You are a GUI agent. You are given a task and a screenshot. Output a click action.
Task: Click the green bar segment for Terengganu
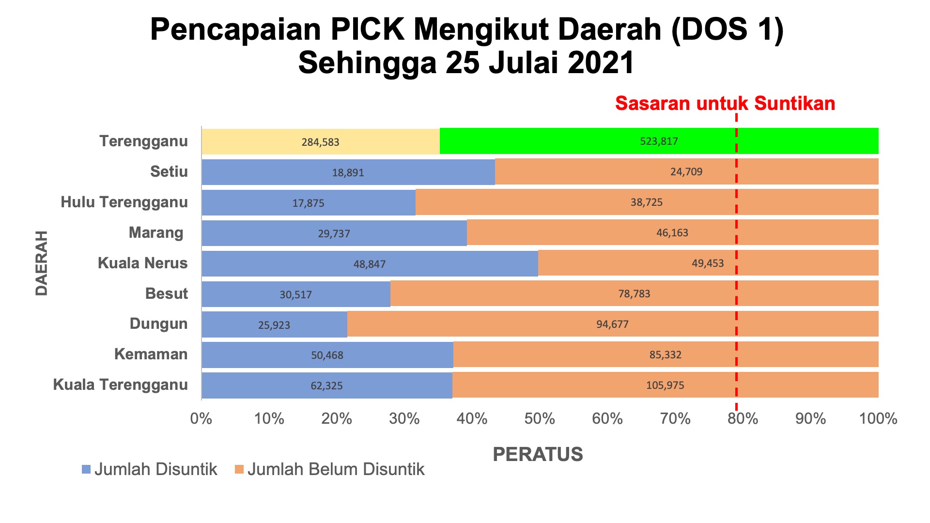659,141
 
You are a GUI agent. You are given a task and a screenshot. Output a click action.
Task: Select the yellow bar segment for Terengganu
321,141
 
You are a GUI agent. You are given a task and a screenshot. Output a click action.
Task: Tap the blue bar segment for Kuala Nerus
370,263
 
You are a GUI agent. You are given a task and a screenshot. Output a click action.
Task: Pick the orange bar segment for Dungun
613,324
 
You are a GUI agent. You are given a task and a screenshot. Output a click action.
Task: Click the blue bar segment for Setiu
348,172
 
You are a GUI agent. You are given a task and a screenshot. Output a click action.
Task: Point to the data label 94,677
612,324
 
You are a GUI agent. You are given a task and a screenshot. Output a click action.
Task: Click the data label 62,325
326,385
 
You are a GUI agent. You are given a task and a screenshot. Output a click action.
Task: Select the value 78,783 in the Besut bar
634,293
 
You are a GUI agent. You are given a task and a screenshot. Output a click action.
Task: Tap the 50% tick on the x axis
540,418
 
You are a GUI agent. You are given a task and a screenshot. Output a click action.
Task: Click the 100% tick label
878,418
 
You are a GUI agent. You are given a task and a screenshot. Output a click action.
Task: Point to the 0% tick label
201,418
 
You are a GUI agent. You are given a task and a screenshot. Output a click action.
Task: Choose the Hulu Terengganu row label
124,202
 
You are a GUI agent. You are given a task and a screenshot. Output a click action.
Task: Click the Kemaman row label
151,354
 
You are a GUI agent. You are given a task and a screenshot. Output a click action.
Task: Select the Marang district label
156,233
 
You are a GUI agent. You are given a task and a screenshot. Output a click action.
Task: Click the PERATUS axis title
538,454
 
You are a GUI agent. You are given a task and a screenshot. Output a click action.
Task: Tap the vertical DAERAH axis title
42,263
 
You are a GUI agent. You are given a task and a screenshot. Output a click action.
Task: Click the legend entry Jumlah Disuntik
150,469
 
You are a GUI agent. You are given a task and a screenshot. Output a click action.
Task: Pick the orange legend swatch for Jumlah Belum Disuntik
239,469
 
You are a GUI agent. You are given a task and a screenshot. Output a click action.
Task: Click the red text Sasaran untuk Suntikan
725,104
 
